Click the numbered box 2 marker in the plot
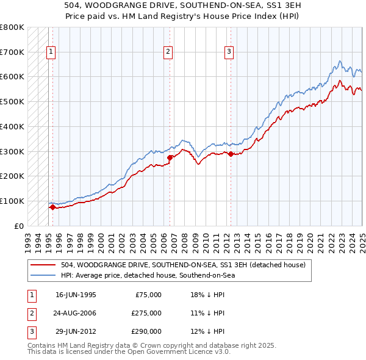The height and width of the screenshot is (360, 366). (x=168, y=52)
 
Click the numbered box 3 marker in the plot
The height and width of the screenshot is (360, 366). (x=229, y=52)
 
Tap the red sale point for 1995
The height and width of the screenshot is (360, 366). (x=52, y=207)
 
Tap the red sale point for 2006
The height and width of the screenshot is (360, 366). (x=170, y=157)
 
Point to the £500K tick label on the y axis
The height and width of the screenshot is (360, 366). (x=12, y=101)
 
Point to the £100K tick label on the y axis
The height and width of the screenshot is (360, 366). (x=12, y=201)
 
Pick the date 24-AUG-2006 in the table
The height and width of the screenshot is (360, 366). (x=76, y=313)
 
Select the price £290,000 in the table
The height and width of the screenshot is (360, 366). (x=146, y=331)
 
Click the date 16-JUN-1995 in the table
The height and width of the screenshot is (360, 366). (x=76, y=295)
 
